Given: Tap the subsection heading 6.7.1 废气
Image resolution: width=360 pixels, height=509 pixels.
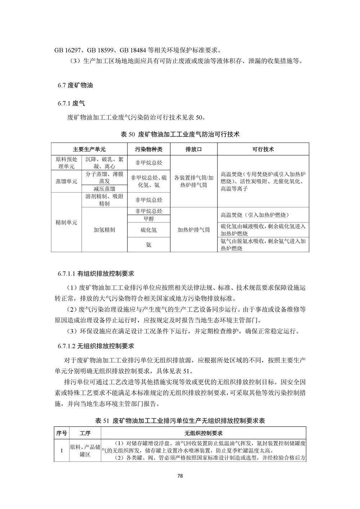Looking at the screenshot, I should [x=71, y=104].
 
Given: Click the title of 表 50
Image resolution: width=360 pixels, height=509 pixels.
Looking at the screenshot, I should [x=180, y=134].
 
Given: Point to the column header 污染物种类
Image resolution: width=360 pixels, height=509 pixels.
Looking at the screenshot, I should [x=149, y=149].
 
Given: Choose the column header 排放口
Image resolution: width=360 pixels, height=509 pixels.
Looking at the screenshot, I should [x=194, y=149].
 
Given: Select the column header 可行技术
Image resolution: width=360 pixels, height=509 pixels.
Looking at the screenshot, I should [x=263, y=149].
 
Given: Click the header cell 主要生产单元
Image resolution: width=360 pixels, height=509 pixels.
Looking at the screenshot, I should [x=89, y=149].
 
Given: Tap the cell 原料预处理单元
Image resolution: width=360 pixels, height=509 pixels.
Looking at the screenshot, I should [x=66, y=163].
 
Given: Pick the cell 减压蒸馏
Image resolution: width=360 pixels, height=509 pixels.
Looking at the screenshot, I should [x=104, y=189].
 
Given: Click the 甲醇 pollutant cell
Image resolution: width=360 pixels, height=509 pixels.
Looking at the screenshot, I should [x=149, y=219].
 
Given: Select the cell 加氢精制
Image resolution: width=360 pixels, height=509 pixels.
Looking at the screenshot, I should [x=104, y=230].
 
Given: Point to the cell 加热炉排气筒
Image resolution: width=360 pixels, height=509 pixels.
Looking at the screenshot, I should [x=194, y=230].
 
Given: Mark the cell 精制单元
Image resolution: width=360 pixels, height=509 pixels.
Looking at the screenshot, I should [x=66, y=222].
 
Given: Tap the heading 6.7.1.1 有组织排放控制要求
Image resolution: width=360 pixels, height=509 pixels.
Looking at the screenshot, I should [x=96, y=274].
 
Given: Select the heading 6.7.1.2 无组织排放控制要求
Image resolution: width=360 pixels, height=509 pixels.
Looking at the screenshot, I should [x=96, y=346].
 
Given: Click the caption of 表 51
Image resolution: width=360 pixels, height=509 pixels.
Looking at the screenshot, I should [x=180, y=420].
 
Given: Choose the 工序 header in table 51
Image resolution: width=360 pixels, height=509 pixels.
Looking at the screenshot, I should [x=85, y=433].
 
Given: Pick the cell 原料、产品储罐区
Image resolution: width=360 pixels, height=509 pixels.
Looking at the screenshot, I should [x=85, y=450].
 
